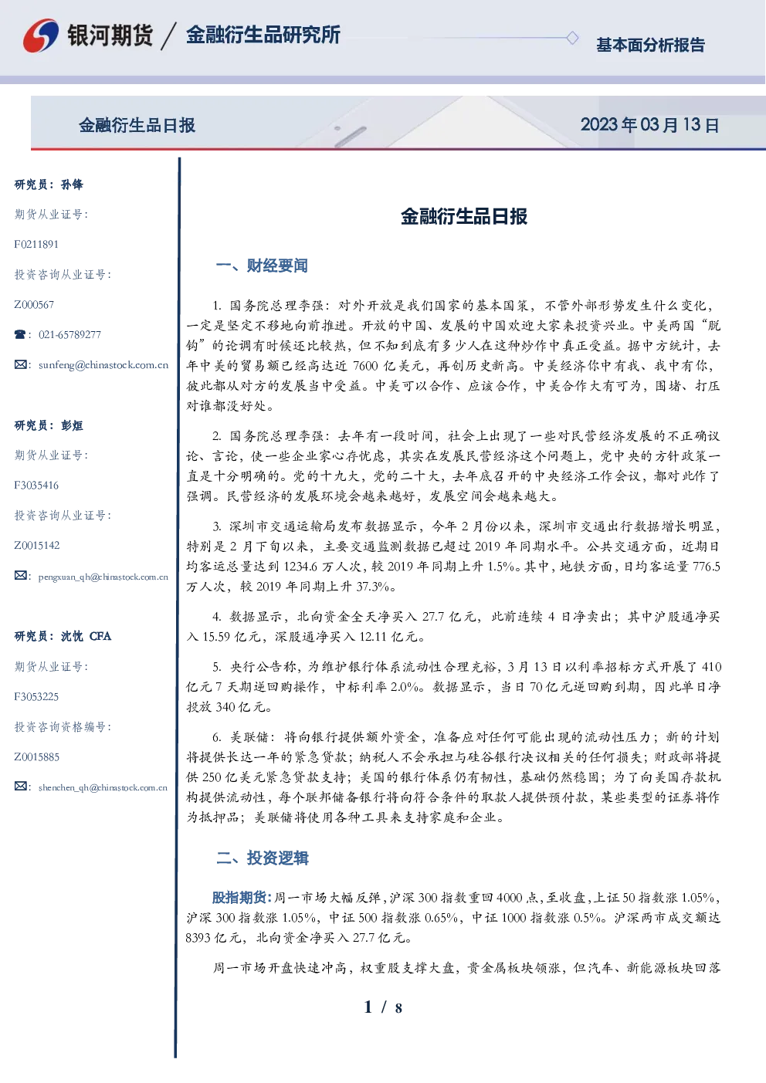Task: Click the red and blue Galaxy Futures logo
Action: (x=41, y=35)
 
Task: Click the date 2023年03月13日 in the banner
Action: (x=649, y=125)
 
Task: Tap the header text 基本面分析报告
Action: (x=650, y=45)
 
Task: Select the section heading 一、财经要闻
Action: (x=262, y=266)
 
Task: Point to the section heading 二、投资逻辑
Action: (x=262, y=858)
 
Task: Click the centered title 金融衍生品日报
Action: (x=464, y=216)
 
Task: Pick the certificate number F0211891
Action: (x=36, y=244)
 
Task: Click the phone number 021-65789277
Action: (x=69, y=334)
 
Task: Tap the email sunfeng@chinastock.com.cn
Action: (x=103, y=365)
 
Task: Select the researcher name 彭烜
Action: (x=72, y=425)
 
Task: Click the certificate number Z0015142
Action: (x=37, y=546)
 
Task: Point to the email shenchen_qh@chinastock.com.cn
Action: (x=103, y=787)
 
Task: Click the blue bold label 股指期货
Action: (x=239, y=897)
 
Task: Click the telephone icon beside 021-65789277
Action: (x=20, y=334)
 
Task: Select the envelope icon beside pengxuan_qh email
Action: (x=20, y=575)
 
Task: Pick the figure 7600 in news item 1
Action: (x=365, y=366)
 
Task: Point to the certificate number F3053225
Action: (x=36, y=697)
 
